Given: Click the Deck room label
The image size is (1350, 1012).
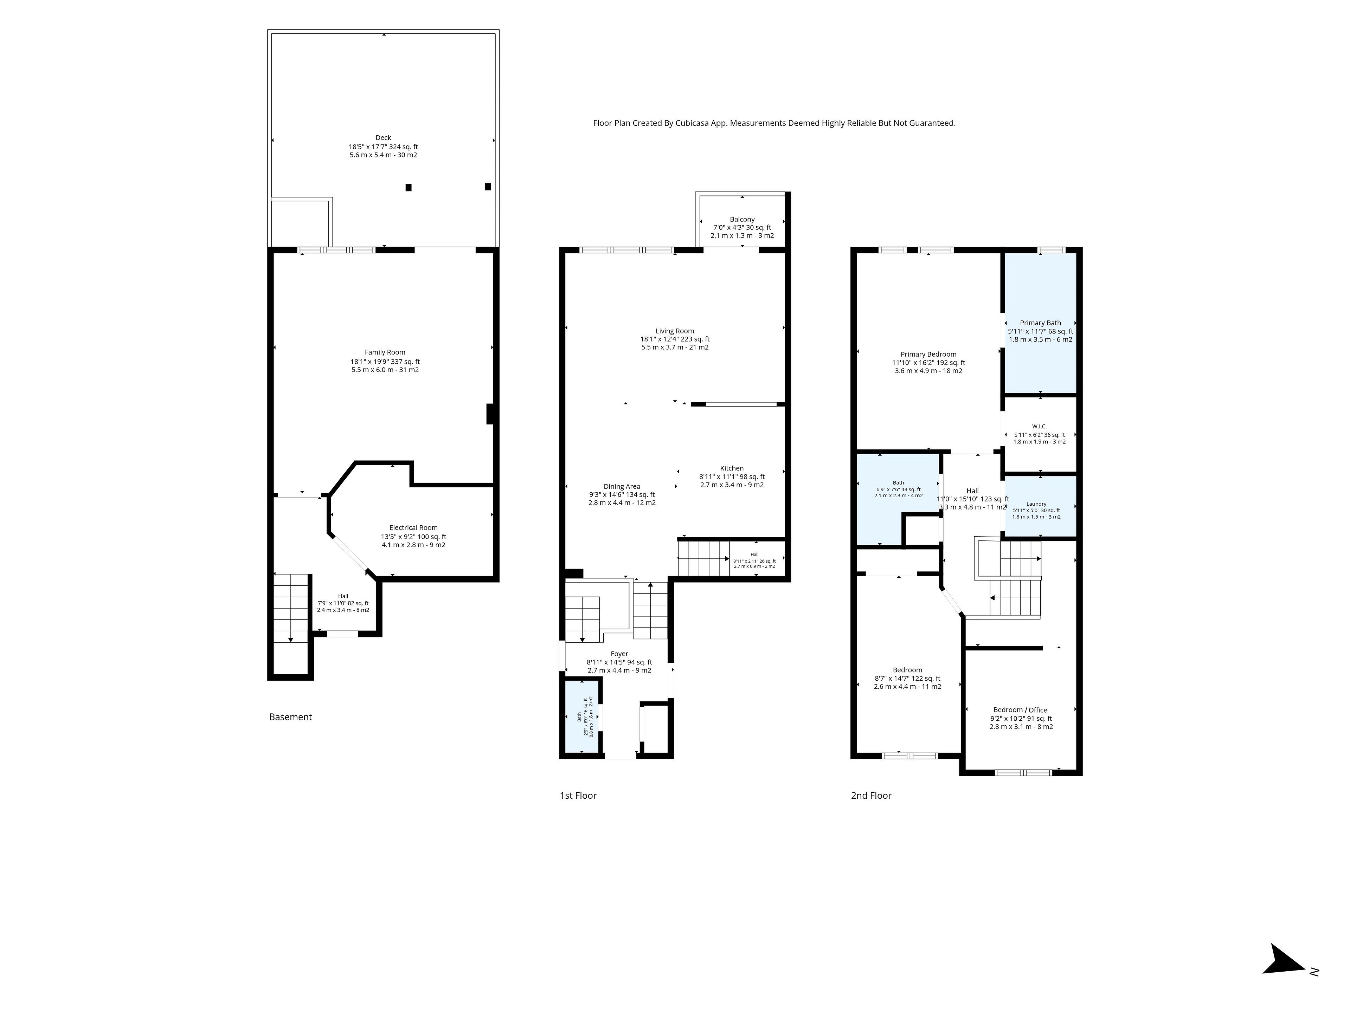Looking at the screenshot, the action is tap(383, 138).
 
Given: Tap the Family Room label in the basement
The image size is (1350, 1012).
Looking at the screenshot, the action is tap(385, 352).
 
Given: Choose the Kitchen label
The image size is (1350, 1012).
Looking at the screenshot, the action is tap(732, 468).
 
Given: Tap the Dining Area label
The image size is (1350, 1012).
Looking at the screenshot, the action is tap(622, 487).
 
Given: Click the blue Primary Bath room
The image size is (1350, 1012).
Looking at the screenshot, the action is tap(1040, 323).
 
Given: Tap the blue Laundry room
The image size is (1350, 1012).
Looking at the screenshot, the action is tap(1040, 506).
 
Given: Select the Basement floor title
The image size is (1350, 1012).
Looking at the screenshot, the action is tap(290, 717).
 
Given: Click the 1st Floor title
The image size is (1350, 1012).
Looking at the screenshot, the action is tap(578, 796).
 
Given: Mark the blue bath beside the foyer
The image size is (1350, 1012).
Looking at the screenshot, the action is tap(581, 717).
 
